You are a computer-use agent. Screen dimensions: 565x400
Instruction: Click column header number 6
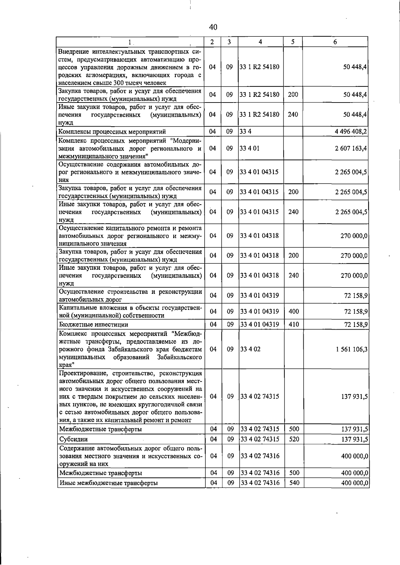point(335,42)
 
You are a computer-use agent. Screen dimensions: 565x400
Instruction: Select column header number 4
point(260,42)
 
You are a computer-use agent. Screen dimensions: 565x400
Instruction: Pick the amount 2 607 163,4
point(351,148)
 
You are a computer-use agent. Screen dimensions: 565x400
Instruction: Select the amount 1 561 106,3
point(352,349)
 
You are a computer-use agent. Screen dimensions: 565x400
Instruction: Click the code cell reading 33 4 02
point(250,349)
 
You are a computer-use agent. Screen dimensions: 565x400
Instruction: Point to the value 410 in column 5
point(293,324)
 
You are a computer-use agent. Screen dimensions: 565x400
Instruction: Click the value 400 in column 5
point(293,311)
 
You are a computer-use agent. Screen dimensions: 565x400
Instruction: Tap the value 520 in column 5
point(294,439)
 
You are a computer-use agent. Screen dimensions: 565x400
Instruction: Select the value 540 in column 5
point(294,483)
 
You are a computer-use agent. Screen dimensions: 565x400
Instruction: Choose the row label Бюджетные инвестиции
point(94,325)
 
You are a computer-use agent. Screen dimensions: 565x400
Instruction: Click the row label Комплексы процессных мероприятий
point(112,132)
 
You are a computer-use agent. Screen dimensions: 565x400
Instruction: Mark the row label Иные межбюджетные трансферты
point(108,483)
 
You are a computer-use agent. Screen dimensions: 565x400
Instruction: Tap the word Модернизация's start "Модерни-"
point(186,140)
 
